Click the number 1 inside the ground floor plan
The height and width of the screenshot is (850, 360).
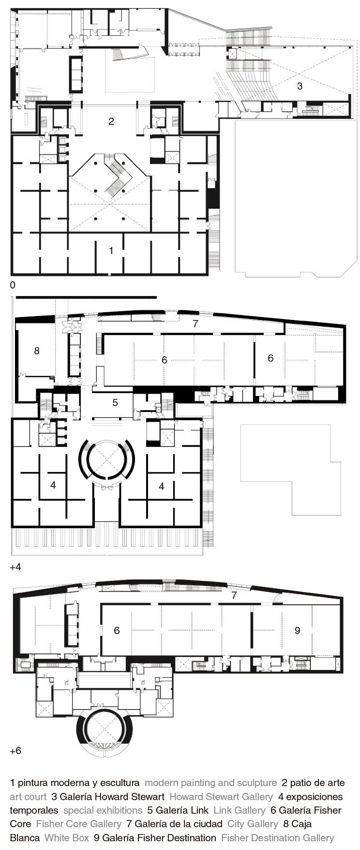coord(111,251)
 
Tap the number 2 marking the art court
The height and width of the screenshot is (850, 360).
coord(111,121)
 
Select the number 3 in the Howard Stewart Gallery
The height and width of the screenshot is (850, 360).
coord(300,86)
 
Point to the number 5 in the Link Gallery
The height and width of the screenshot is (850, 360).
coord(115,402)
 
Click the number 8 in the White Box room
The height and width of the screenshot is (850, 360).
coord(37,350)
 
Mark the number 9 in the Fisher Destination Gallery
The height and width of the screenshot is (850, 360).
coord(298,630)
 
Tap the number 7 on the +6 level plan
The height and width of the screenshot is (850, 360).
coord(234,595)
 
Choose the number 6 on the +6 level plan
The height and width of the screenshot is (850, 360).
coord(117,630)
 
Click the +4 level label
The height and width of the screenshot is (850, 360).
coord(15,567)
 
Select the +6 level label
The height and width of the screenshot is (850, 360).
coord(15,751)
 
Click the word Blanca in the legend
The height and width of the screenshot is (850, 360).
coord(25,838)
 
